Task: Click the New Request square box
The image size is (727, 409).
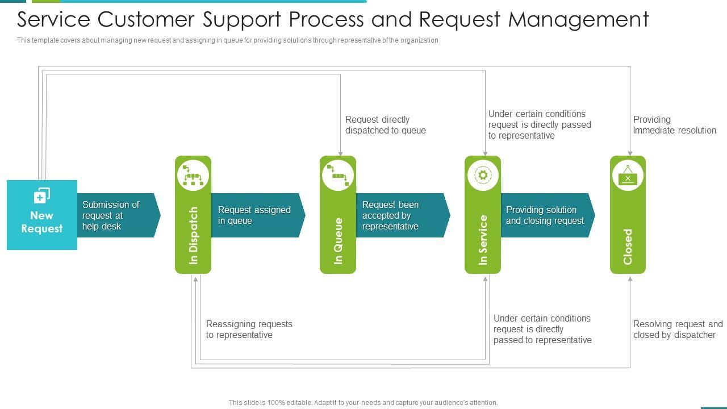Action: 42,215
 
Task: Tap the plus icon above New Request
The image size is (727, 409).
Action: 42,195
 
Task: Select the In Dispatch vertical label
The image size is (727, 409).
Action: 193,235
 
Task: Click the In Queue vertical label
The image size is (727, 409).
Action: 338,241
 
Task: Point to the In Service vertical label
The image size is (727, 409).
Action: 483,240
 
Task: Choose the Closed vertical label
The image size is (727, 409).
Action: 628,247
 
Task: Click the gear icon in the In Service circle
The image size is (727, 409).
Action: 483,176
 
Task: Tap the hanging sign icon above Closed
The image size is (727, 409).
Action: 628,176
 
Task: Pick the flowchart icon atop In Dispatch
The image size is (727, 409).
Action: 193,176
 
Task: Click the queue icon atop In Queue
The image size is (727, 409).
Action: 338,176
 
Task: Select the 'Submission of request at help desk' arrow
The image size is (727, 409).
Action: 119,215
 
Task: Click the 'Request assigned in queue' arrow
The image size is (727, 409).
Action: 258,215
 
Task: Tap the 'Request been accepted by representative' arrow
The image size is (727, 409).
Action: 403,215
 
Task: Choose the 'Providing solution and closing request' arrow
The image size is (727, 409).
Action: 548,215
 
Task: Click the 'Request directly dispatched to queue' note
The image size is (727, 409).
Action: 386,125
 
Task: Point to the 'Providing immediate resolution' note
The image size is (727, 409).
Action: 674,125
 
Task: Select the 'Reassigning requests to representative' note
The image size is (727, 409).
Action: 249,329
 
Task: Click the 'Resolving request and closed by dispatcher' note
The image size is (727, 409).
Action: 678,329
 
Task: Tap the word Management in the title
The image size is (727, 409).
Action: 578,19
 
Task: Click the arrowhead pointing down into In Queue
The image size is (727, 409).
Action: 340,153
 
